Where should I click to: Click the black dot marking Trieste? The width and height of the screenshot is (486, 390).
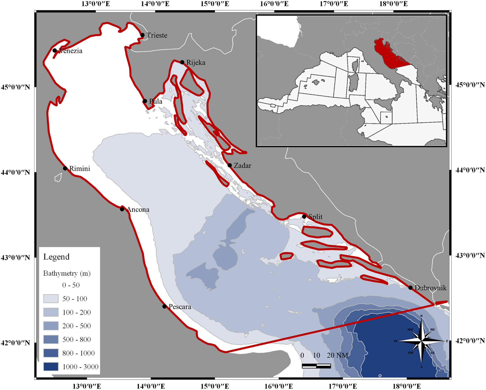142,35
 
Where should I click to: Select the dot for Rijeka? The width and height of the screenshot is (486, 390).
182,62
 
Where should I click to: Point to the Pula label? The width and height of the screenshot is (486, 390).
156,101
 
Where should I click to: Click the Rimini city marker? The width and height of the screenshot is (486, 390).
65,168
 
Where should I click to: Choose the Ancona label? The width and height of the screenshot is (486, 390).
138,210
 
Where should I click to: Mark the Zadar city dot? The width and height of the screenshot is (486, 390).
230,165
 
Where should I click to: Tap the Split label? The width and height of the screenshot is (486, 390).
315,217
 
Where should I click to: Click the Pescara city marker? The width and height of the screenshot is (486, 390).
164,306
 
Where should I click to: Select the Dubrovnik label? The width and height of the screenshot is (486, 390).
430,288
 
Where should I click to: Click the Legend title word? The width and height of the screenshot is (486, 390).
56,257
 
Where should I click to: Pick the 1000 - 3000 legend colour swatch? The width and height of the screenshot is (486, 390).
51,366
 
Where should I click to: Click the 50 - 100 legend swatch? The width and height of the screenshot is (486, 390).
51,298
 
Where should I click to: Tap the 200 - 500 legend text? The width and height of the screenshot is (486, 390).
77,326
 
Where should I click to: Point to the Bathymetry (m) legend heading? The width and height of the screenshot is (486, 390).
67,273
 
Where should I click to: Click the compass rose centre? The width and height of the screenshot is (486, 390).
421,341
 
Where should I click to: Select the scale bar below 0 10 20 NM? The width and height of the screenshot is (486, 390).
316,366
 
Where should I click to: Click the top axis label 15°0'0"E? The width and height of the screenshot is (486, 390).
215,4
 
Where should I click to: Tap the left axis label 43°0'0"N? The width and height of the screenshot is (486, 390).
15,258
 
